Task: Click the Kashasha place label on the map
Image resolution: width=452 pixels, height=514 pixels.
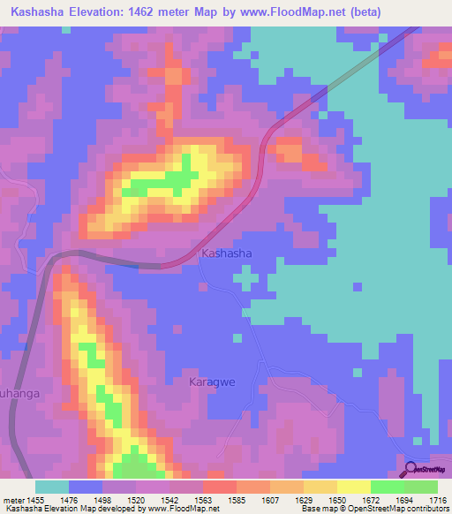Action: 227,253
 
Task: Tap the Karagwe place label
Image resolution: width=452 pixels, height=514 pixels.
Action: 212,382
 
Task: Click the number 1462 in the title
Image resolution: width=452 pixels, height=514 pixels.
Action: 165,12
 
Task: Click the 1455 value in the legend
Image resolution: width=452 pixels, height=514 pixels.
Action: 35,500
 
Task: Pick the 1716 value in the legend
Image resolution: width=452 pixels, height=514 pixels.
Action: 437,500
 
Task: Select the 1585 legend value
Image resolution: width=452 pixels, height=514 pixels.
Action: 237,500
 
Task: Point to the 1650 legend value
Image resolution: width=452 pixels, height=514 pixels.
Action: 337,500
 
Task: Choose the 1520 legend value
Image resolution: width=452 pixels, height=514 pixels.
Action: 136,500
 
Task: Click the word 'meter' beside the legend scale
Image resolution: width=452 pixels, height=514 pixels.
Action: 12,500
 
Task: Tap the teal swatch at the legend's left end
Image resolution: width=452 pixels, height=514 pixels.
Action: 51,487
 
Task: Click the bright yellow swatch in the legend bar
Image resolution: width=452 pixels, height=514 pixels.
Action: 353,487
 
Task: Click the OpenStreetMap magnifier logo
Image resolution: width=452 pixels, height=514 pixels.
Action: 411,469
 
